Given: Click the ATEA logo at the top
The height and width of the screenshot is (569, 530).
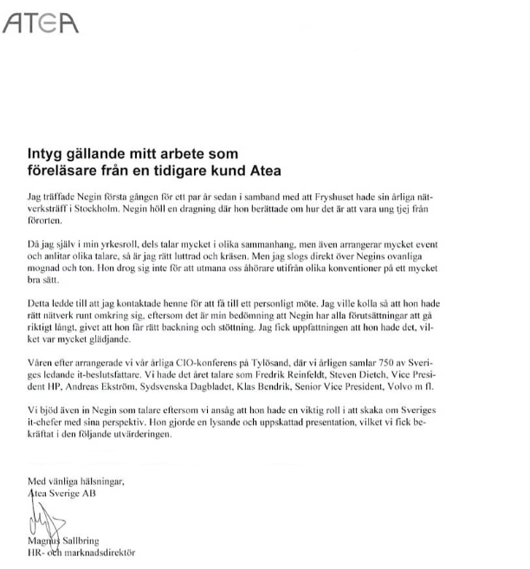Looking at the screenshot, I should click(x=41, y=23).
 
